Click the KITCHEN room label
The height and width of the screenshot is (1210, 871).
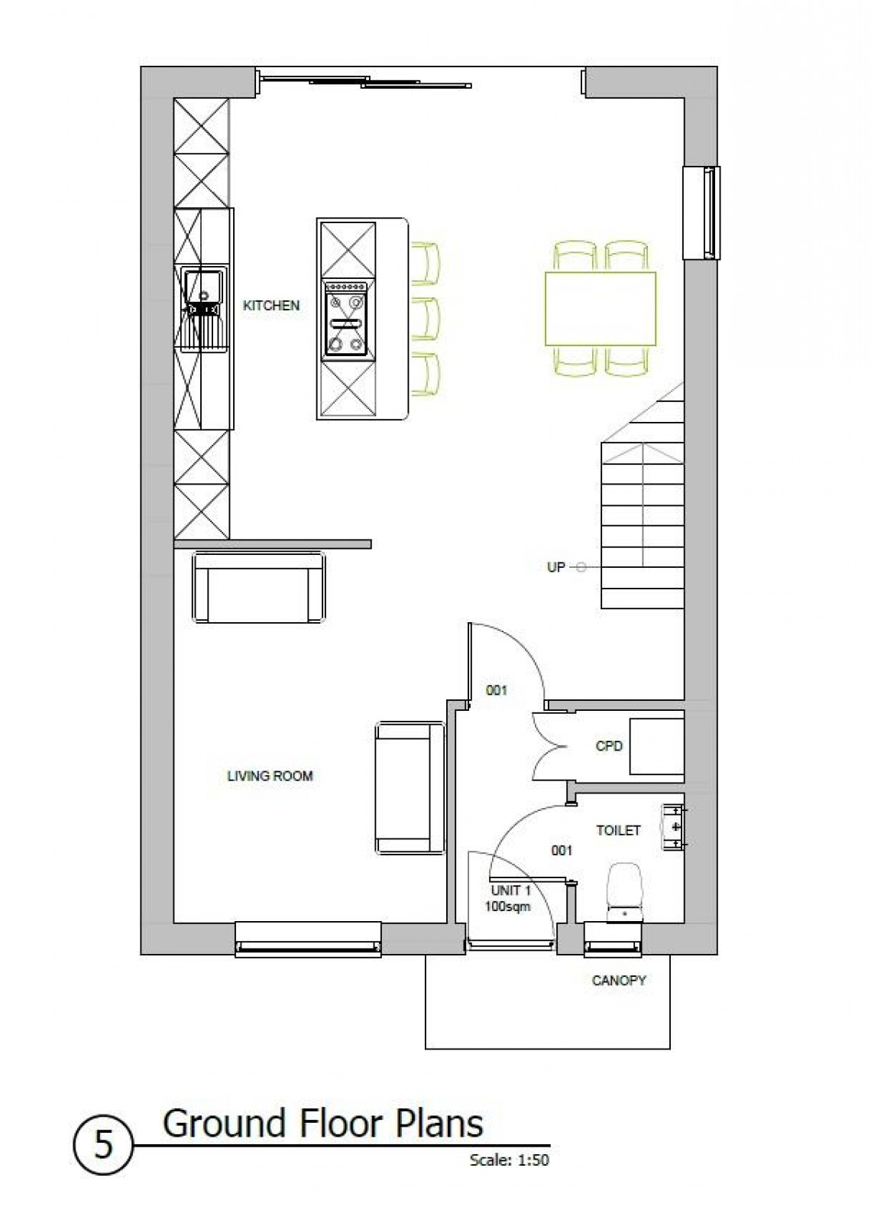click(270, 306)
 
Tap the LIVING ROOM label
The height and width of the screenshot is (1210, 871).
click(270, 776)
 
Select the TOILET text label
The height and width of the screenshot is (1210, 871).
click(618, 830)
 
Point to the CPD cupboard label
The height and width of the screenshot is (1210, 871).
click(609, 746)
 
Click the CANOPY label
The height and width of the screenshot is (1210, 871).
click(619, 980)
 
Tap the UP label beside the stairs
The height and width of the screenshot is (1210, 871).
click(556, 567)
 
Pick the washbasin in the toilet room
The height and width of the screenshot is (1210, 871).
click(672, 826)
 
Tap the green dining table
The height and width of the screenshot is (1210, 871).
click(600, 308)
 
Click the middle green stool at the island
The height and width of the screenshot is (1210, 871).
click(426, 320)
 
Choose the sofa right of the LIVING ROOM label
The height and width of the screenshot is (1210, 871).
click(410, 788)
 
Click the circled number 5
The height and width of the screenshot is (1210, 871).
click(103, 1145)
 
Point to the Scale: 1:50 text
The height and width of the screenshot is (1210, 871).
click(510, 1160)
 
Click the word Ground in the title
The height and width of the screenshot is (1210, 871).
click(221, 1124)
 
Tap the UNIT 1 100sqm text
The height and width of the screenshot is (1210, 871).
click(507, 899)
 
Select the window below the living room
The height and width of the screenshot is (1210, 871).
click(308, 939)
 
